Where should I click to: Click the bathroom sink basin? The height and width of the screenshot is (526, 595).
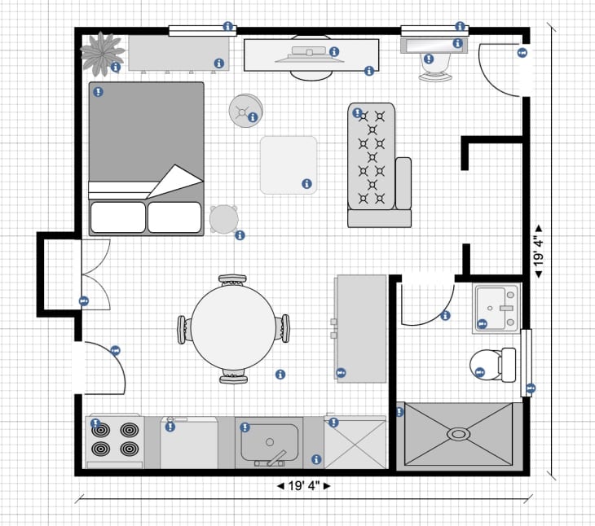tap(496, 309)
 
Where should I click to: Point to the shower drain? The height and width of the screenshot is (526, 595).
tap(460, 434)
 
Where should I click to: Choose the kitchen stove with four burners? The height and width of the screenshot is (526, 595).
tap(115, 441)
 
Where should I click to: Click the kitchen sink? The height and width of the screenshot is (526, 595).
tap(268, 445)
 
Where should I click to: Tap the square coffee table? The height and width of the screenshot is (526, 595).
tap(288, 164)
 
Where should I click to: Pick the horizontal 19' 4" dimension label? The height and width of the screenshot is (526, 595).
tap(306, 487)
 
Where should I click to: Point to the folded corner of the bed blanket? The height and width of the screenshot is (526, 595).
tap(176, 181)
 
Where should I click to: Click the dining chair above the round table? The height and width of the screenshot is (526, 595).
tap(233, 281)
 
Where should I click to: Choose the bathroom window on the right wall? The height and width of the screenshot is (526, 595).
tap(527, 363)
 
